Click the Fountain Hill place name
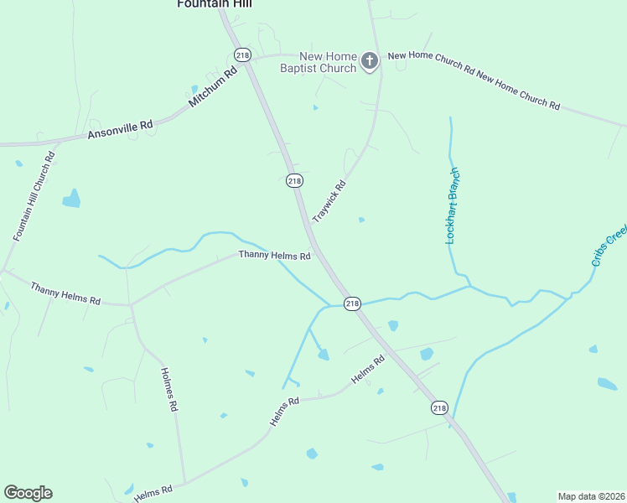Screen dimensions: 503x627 [x=215, y=4]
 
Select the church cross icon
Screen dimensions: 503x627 [x=370, y=60]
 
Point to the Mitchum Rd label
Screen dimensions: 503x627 [x=214, y=86]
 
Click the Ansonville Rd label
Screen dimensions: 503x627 [x=121, y=129]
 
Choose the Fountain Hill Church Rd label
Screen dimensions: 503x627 [x=34, y=196]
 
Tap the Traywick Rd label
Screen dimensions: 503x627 [x=329, y=202]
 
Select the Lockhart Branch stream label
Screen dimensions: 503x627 [x=453, y=206]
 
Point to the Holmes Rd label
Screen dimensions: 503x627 [x=169, y=389]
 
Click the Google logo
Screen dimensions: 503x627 [x=28, y=493]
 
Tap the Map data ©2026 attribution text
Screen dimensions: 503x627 [x=591, y=495]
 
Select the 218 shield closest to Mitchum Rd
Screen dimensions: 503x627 [x=243, y=54]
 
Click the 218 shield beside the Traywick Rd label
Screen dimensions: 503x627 [x=294, y=180]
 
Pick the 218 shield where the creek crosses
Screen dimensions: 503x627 [x=352, y=303]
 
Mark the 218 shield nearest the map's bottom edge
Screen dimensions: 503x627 [x=439, y=407]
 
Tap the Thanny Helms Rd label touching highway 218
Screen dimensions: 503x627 [x=275, y=255]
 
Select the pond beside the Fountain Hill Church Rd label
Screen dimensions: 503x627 [x=72, y=199]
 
